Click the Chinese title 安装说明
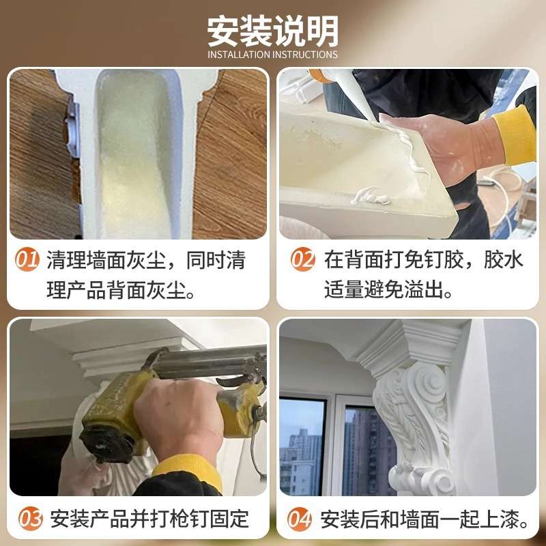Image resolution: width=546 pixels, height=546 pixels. [272, 30]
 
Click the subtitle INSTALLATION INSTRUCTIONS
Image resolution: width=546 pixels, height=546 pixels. [272, 55]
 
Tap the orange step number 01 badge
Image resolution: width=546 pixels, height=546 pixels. [27, 260]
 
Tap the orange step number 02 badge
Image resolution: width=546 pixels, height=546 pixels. [303, 260]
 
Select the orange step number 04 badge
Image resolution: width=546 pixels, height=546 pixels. [300, 519]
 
